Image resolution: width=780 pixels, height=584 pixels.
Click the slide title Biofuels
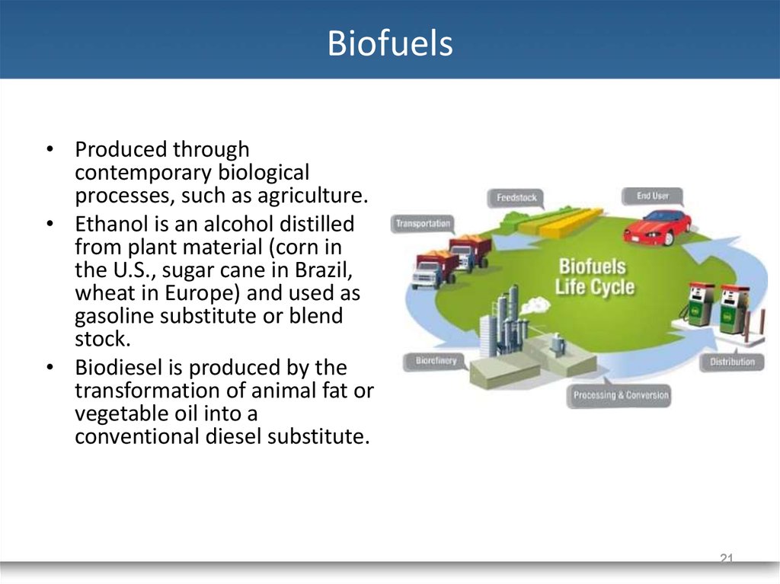tap(390, 43)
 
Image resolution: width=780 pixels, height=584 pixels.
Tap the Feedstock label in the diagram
tap(516, 197)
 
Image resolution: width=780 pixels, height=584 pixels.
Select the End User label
tap(652, 196)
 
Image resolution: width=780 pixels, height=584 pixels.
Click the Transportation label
tap(423, 224)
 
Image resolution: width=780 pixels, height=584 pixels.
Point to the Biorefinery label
tap(436, 361)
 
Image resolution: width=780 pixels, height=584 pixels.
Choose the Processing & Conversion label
tap(621, 395)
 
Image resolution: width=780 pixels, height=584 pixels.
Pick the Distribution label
tap(732, 362)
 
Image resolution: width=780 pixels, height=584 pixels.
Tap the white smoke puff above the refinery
tap(535, 305)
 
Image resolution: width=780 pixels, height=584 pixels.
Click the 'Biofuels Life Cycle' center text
tap(594, 276)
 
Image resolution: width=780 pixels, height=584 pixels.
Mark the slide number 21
tap(727, 558)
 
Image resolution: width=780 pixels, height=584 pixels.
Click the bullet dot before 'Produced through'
tap(50, 148)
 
